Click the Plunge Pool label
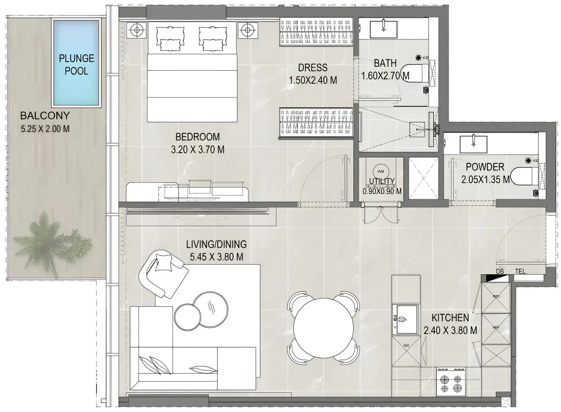coord(76,64)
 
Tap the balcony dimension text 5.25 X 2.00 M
coord(45,129)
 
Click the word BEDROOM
coord(197,137)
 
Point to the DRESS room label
coord(313,68)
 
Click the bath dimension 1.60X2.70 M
coord(385,76)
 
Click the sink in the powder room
coord(473,144)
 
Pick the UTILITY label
coord(381,181)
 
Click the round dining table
coord(323,327)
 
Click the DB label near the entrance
coord(500,272)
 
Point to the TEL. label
coord(520,272)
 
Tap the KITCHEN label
coord(450,317)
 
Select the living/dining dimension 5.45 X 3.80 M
coord(217,257)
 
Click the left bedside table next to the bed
coord(136,30)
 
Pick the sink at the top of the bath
coord(383,28)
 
